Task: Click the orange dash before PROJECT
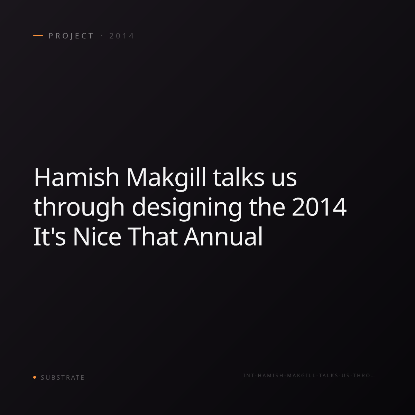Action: [x=38, y=36]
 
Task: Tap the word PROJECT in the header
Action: [x=71, y=36]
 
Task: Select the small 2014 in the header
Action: [x=122, y=36]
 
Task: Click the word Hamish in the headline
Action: [x=76, y=177]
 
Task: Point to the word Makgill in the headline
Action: [x=166, y=179]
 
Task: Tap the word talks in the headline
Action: [x=238, y=177]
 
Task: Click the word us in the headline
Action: [x=284, y=180]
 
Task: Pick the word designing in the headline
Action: [x=187, y=209]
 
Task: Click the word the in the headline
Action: [x=267, y=207]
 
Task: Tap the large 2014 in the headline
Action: [x=319, y=207]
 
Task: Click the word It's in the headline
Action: [x=49, y=237]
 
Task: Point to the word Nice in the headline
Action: [x=97, y=237]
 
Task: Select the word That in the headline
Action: [x=153, y=237]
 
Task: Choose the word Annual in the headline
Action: [x=223, y=236]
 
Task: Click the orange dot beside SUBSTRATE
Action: [x=35, y=377]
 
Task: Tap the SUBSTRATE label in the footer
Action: [x=63, y=377]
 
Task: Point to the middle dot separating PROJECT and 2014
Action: [x=102, y=36]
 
